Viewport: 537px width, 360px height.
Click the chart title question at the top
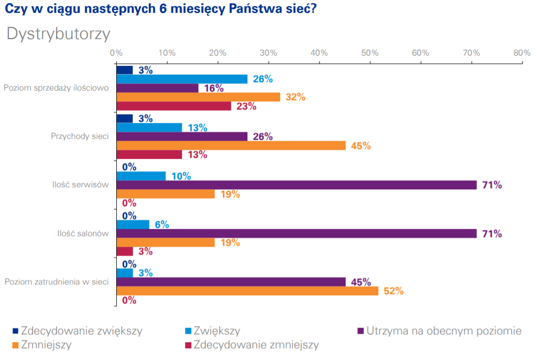coord(160,10)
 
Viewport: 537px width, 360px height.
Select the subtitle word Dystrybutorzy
coord(58,34)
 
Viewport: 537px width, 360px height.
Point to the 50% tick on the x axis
coord(370,53)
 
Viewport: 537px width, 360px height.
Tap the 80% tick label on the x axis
coord(522,53)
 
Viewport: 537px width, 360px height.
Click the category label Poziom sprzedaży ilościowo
coord(56,88)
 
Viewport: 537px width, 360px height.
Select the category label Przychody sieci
coord(80,136)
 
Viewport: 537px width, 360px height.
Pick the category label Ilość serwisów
coord(80,185)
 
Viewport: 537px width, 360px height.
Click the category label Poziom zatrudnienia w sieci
coord(57,281)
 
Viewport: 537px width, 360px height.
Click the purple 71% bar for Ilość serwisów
coord(297,185)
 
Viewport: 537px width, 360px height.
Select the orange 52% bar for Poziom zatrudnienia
coord(247,291)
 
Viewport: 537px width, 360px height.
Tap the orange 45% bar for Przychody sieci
coord(231,146)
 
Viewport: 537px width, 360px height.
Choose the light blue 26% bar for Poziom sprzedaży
coord(182,79)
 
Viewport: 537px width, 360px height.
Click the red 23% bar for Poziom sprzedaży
coord(174,106)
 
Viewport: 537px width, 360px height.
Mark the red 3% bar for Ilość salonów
coord(125,251)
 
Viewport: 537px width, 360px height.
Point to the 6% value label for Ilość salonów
coord(162,224)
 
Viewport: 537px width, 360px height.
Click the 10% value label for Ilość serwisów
coord(181,176)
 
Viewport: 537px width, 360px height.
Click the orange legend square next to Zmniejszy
coord(16,345)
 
